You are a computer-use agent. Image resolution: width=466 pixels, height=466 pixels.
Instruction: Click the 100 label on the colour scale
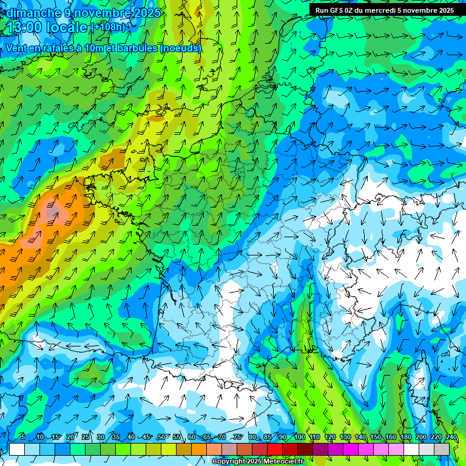[299, 437]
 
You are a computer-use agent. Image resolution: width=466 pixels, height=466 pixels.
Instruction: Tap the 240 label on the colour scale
[451, 437]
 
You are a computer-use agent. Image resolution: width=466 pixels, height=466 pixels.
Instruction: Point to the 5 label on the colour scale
[23, 437]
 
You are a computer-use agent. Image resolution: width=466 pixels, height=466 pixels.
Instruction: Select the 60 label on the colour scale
[192, 437]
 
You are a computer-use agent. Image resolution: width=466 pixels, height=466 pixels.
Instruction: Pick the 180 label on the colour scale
[405, 437]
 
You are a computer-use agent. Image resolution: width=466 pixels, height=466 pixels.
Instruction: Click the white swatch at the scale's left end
[17, 449]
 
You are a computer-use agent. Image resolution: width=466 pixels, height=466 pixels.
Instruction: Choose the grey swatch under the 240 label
[442, 449]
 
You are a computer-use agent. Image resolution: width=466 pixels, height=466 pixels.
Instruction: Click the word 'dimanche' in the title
[33, 13]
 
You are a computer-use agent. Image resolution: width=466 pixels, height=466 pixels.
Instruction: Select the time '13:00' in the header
[28, 27]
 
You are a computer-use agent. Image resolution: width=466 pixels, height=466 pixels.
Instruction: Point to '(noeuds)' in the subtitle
[180, 48]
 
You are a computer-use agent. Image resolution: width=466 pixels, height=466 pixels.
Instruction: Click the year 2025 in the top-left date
[148, 13]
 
